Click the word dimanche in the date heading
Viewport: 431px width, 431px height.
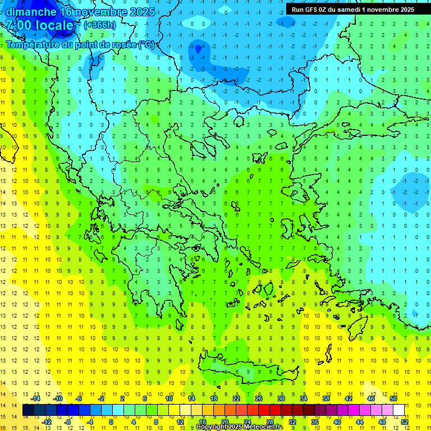(x=31, y=12)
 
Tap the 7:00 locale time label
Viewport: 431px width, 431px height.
(x=40, y=25)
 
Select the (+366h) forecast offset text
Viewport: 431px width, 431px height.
(x=100, y=25)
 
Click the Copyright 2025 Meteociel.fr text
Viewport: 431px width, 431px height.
(x=240, y=427)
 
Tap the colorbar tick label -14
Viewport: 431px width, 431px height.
(x=36, y=398)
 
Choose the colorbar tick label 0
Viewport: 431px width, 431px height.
(x=111, y=421)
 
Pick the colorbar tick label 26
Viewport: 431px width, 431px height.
(x=259, y=398)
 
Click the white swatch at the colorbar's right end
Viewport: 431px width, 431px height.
(x=398, y=410)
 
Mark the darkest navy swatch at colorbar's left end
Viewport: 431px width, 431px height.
(x=28, y=410)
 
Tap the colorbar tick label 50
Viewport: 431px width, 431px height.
(x=393, y=398)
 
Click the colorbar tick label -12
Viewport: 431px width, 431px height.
(x=47, y=421)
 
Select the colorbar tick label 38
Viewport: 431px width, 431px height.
(x=326, y=398)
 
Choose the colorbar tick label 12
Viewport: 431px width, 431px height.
(x=180, y=421)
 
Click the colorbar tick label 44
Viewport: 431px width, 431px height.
(x=360, y=421)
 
